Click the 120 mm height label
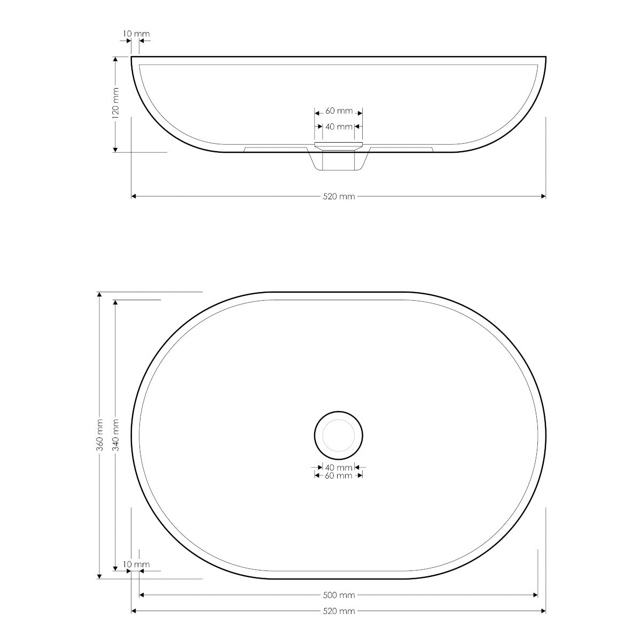pos(116,103)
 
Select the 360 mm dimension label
pos(100,435)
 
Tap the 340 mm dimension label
pos(116,435)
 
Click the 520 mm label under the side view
pos(339,197)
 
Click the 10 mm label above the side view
pos(136,34)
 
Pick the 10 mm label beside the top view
pos(136,565)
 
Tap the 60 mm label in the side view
pos(339,111)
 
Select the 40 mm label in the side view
pos(339,127)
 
